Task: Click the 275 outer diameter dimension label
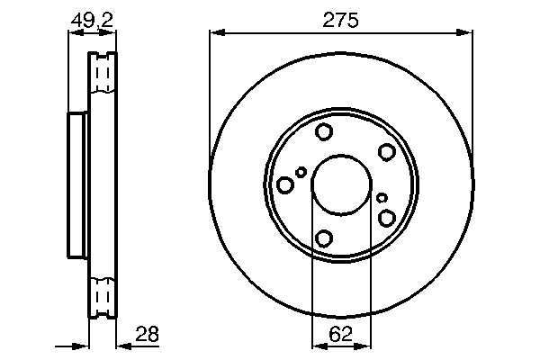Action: tap(340, 19)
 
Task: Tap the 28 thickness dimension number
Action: tap(146, 335)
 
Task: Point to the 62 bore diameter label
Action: tap(340, 335)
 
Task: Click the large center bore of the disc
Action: tap(340, 185)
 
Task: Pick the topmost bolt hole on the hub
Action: tap(324, 133)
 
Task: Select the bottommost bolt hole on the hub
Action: tap(324, 238)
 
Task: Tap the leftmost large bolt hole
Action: tap(285, 185)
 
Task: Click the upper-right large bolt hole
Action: tap(387, 152)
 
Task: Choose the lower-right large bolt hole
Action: tap(387, 218)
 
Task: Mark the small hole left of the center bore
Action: tap(301, 171)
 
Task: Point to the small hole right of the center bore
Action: tap(382, 198)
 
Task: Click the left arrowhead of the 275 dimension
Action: tap(215, 34)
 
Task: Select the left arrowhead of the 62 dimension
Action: tap(317, 345)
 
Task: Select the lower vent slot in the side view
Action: tap(103, 297)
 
